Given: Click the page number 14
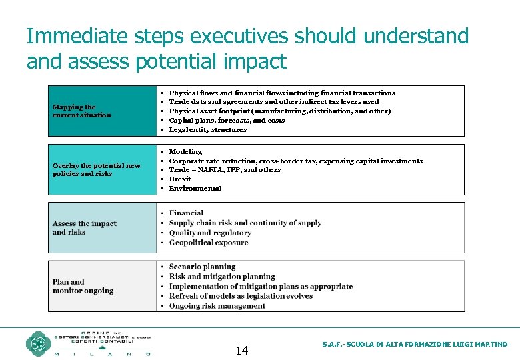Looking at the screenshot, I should (242, 351).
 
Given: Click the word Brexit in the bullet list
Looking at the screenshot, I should (180, 179).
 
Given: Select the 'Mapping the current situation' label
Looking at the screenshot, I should (82, 111).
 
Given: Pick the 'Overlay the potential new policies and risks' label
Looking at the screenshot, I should (97, 169).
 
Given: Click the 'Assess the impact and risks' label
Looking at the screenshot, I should (84, 227).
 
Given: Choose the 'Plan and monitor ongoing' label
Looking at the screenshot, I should (83, 286).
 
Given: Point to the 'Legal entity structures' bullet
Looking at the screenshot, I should (207, 129).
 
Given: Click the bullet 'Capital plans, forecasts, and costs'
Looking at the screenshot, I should (227, 120).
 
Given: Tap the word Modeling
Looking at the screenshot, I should (185, 151).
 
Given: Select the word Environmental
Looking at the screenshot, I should (195, 188).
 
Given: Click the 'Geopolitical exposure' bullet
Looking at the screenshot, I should (209, 243).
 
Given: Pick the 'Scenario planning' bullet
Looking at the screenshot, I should (202, 267).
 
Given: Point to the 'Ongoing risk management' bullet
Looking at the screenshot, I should (217, 306).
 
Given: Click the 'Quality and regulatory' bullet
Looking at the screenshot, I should (209, 233).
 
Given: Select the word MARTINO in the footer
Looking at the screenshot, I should (491, 345).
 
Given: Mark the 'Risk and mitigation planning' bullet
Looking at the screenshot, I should (221, 276).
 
